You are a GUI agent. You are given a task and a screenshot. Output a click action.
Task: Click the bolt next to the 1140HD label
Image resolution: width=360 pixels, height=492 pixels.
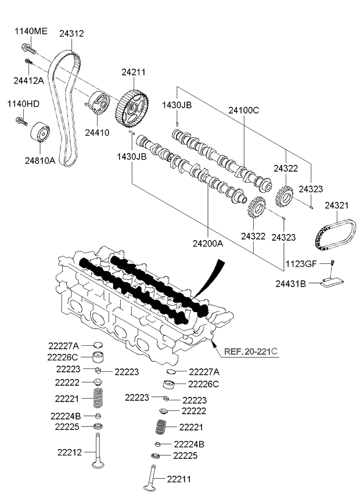(22, 121)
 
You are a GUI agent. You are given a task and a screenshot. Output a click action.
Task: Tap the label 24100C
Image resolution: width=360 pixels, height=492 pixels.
(243, 109)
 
